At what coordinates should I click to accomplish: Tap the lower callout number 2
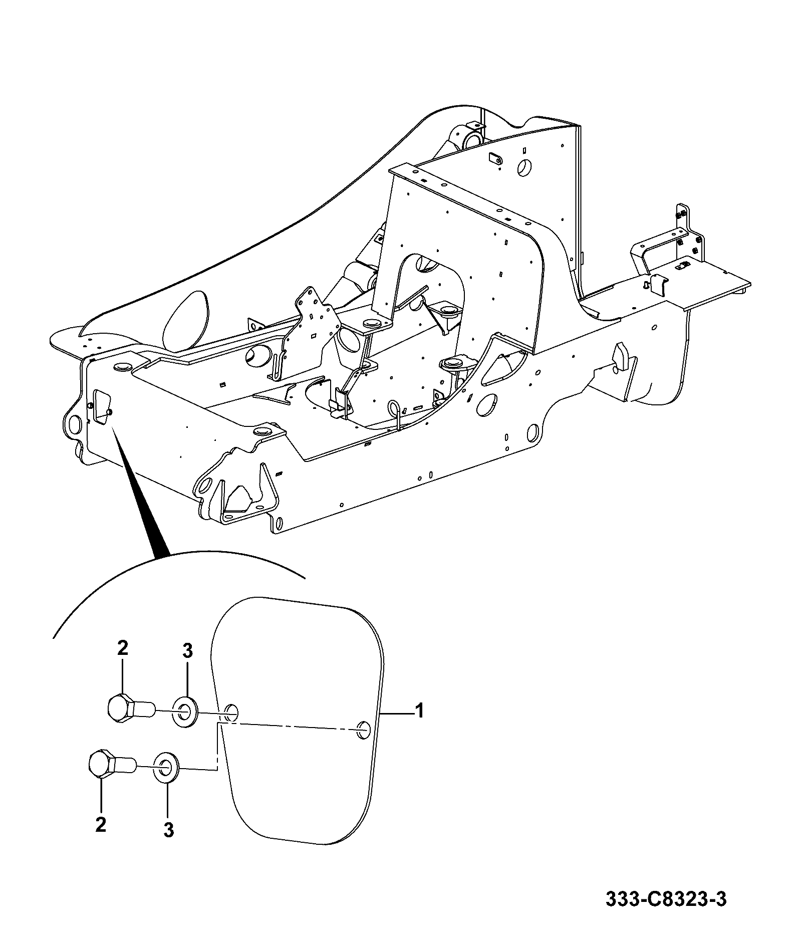(101, 825)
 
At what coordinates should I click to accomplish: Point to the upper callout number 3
(187, 651)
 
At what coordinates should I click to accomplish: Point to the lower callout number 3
(169, 830)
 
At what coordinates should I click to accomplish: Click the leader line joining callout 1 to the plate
(397, 712)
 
